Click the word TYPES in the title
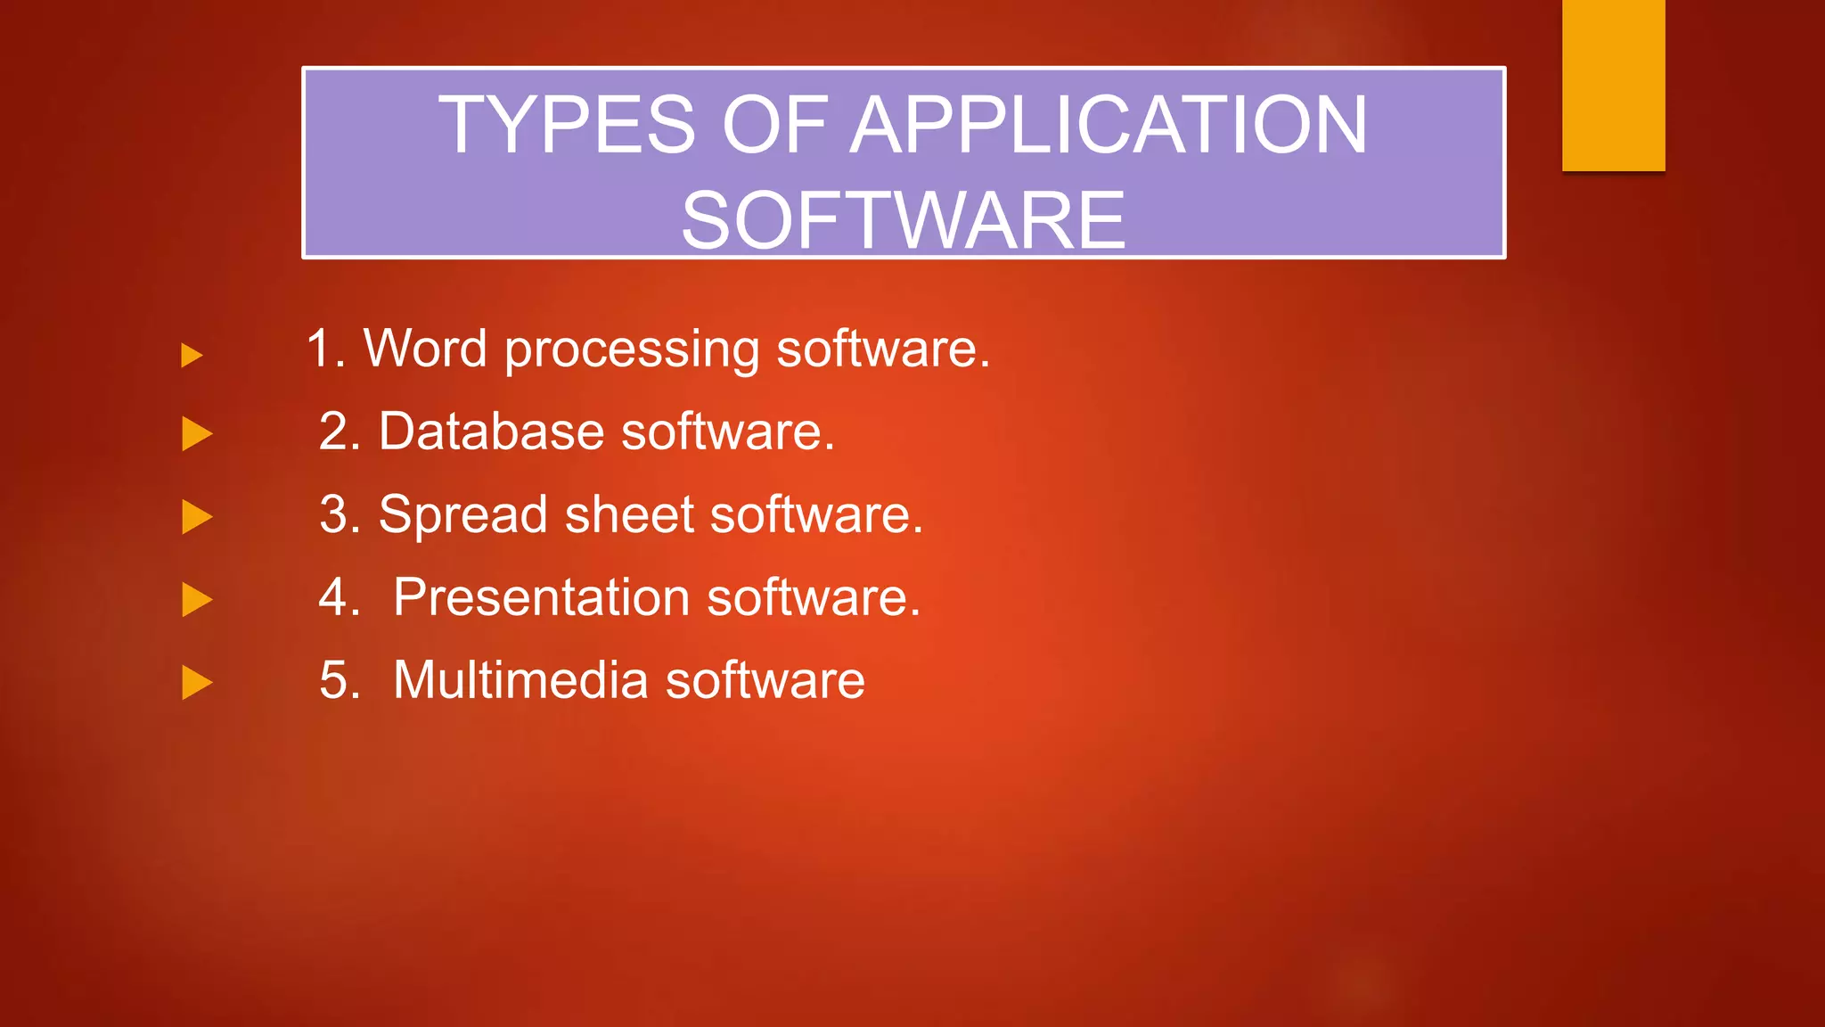click(x=567, y=125)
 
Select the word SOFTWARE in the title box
click(x=904, y=220)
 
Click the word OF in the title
click(x=773, y=125)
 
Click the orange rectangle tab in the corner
click(x=1613, y=85)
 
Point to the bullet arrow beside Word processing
click(x=192, y=356)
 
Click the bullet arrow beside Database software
click(x=197, y=434)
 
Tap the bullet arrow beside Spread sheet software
click(x=197, y=517)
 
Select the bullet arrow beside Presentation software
click(x=197, y=600)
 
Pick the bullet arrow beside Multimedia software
click(x=197, y=683)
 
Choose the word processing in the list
click(x=632, y=349)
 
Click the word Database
click(x=492, y=431)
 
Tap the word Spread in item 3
click(x=462, y=515)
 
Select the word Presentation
click(x=542, y=596)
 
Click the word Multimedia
click(x=520, y=680)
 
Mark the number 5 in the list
click(x=333, y=681)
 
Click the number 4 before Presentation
click(x=334, y=597)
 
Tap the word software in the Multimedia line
click(x=765, y=680)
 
